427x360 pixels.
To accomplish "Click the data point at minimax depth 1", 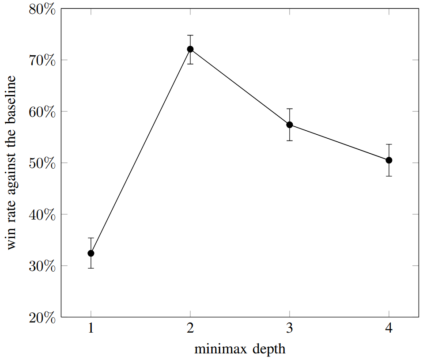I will [x=91, y=253].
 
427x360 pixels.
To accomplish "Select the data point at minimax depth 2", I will [x=190, y=49].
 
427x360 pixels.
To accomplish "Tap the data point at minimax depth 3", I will [x=290, y=125].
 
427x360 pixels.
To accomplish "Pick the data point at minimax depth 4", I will [x=389, y=160].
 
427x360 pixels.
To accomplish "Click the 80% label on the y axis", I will [x=42, y=9].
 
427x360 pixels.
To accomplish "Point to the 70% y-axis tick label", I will [x=42, y=60].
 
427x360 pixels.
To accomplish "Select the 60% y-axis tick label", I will [x=42, y=112].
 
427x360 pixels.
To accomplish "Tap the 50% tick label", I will [x=42, y=163].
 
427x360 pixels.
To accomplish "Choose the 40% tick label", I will [x=42, y=215].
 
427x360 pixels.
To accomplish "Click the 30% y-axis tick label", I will [x=42, y=266].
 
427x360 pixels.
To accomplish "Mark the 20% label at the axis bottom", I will [x=42, y=317].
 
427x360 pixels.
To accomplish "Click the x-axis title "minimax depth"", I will [x=240, y=349].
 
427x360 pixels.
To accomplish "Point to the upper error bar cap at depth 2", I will [x=190, y=35].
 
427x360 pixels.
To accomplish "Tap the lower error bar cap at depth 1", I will [x=91, y=268].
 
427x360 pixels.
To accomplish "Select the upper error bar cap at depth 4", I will [x=389, y=144].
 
